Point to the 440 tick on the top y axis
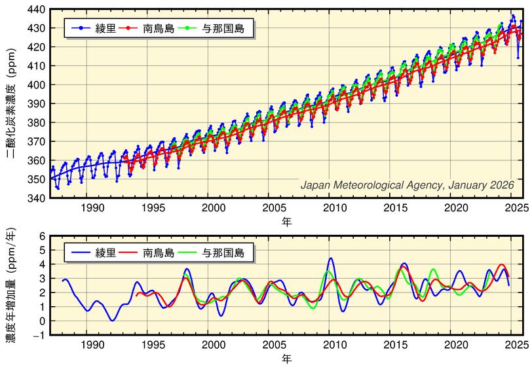(36, 10)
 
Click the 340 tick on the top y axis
(36, 198)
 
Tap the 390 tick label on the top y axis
(36, 104)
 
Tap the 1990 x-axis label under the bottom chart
(92, 345)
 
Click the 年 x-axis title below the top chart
(286, 222)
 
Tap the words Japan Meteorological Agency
(372, 185)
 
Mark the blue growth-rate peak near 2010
(331, 258)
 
